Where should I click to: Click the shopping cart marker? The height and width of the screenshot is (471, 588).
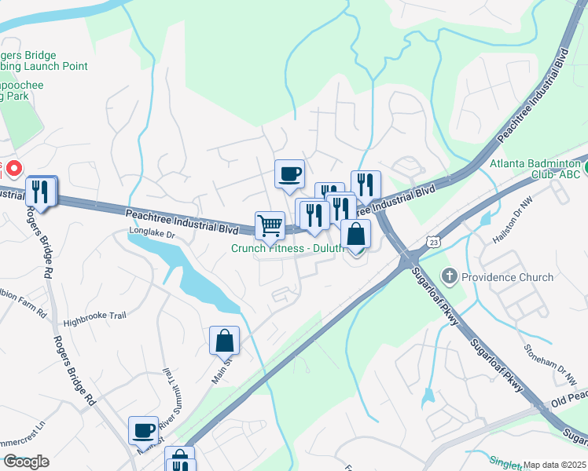[x=270, y=225]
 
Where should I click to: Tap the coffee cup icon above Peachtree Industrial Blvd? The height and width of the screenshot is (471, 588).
[x=289, y=173]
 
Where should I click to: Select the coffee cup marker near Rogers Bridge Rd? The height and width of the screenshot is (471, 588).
[x=143, y=430]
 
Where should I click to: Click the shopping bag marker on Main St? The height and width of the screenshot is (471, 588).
[x=224, y=341]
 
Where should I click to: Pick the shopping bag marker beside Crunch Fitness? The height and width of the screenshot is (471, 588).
[x=355, y=234]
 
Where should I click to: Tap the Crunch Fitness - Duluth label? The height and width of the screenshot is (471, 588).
[x=287, y=248]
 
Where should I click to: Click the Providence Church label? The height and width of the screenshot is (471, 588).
[x=506, y=277]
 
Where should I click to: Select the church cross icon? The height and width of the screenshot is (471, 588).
[x=449, y=276]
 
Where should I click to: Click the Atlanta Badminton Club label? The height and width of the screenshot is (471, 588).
[x=535, y=169]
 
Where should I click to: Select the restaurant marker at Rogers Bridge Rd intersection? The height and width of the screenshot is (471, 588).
[x=41, y=191]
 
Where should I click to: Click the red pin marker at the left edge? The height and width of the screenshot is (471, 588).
[x=14, y=167]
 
